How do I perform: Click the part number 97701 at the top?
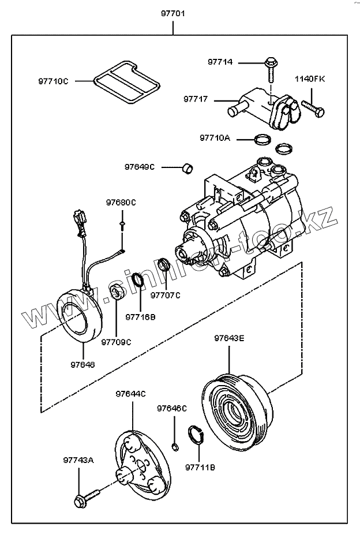172,12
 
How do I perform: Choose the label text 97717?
196,99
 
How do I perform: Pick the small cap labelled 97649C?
187,167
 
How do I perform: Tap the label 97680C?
121,203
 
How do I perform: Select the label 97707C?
166,296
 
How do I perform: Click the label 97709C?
116,342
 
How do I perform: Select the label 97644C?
130,394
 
